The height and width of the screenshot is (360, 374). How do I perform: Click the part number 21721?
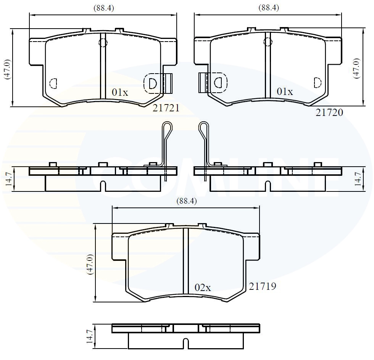point(166,108)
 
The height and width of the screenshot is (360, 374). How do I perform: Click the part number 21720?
point(329,112)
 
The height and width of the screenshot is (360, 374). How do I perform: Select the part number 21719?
point(263,286)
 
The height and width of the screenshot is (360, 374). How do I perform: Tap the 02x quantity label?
point(203,288)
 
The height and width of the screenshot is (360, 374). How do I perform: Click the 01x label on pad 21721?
point(120,92)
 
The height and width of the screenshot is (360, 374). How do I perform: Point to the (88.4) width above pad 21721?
point(104,8)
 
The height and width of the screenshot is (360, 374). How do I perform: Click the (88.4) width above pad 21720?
point(269,8)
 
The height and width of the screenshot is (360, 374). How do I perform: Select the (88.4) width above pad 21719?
point(187,201)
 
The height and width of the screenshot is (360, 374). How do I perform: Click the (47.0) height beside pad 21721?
point(7,69)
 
